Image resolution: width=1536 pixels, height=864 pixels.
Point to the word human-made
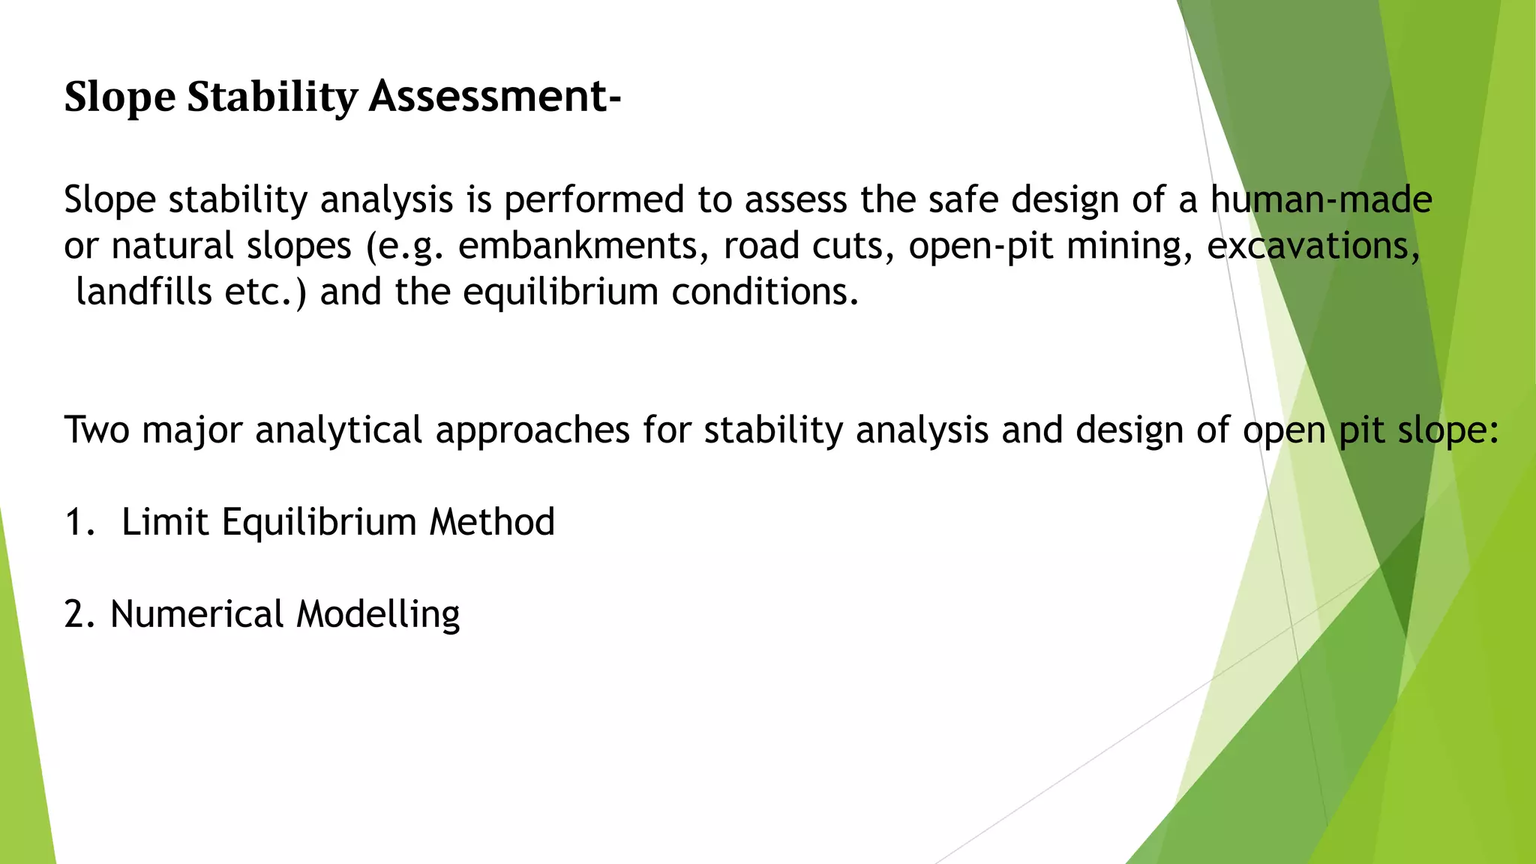click(1321, 200)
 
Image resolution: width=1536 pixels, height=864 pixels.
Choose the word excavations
click(1313, 246)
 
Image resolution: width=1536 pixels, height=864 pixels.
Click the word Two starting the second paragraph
click(97, 430)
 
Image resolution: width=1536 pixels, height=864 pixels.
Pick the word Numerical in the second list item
click(196, 614)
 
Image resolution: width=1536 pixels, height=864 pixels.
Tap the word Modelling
click(378, 614)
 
